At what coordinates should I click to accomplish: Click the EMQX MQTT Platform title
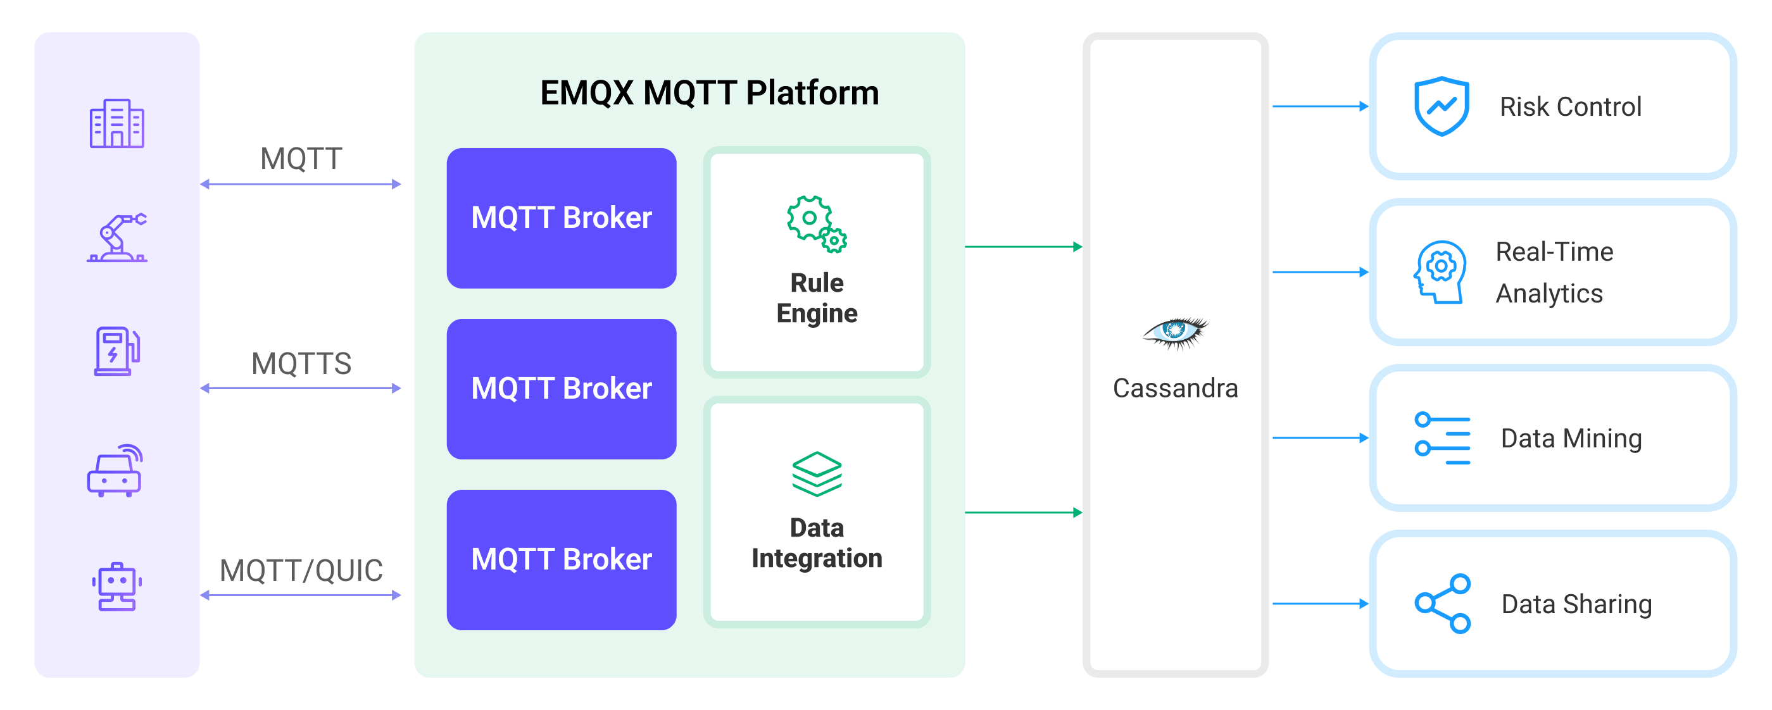(708, 93)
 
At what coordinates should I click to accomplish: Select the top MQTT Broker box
(561, 218)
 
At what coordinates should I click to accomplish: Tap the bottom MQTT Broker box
(561, 559)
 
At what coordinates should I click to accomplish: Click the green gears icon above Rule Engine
(816, 224)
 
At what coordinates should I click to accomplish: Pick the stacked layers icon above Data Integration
(816, 473)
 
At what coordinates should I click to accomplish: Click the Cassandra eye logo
(1175, 333)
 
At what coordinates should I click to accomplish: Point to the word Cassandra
(1175, 389)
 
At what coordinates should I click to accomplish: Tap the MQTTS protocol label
(301, 364)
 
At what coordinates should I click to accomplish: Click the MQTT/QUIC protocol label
(301, 571)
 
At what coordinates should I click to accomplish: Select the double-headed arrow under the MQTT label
(301, 184)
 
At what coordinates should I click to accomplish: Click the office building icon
(116, 124)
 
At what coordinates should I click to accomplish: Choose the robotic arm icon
(117, 237)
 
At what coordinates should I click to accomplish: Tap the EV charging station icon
(116, 351)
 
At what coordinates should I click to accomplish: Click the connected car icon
(115, 470)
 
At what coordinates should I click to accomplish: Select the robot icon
(116, 586)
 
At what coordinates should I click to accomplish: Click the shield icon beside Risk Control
(1441, 106)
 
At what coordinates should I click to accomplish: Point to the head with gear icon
(1439, 272)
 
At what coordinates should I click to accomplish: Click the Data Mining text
(1571, 439)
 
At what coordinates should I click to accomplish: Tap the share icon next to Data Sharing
(1442, 604)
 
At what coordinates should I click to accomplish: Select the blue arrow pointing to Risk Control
(1319, 106)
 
